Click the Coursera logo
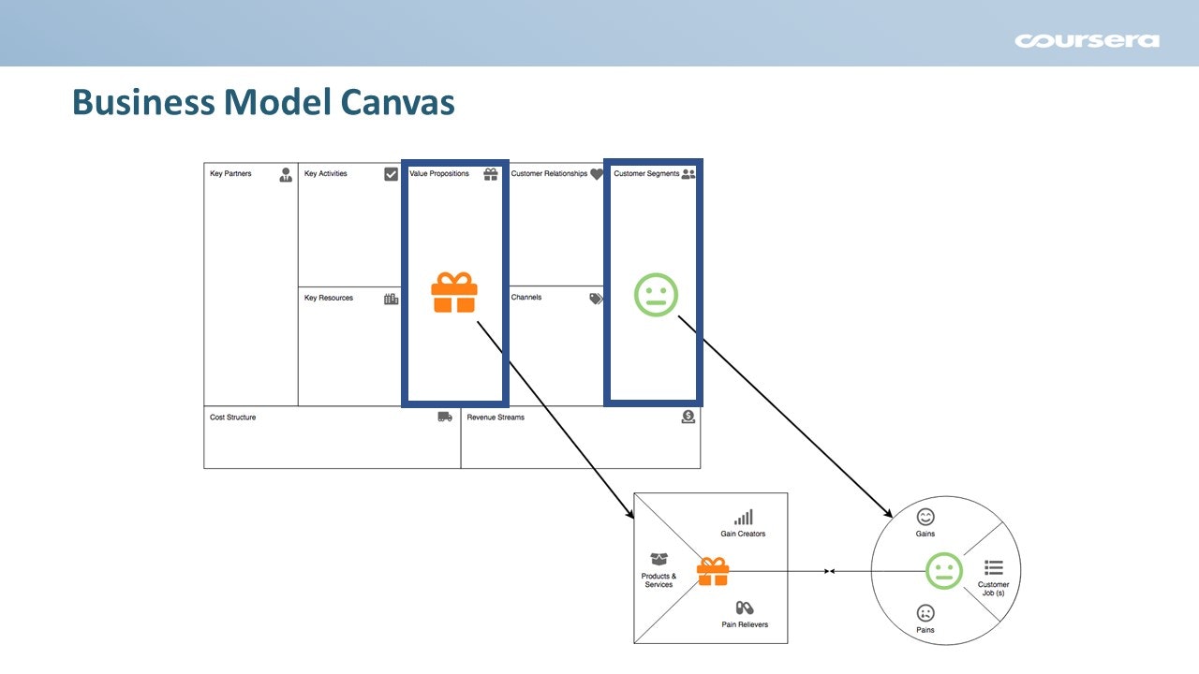click(1087, 40)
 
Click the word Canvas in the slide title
click(393, 102)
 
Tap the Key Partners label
click(230, 174)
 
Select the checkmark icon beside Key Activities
click(391, 174)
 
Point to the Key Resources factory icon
click(391, 299)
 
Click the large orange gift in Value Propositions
click(454, 292)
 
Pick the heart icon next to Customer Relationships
click(597, 174)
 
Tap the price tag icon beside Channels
click(596, 299)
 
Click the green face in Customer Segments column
click(656, 294)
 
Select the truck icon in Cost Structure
click(445, 417)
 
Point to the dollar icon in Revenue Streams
click(688, 417)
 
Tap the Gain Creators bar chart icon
click(744, 518)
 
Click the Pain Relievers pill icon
click(745, 608)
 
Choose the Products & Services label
click(659, 580)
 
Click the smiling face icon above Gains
click(925, 517)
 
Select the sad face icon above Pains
click(925, 613)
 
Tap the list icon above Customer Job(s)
click(994, 567)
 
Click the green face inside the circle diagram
click(943, 571)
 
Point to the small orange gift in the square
click(713, 571)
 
